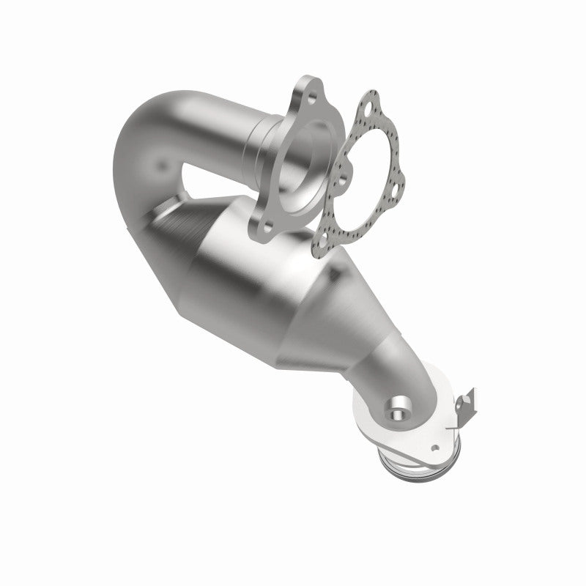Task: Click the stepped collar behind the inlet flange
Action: click(260, 139)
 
